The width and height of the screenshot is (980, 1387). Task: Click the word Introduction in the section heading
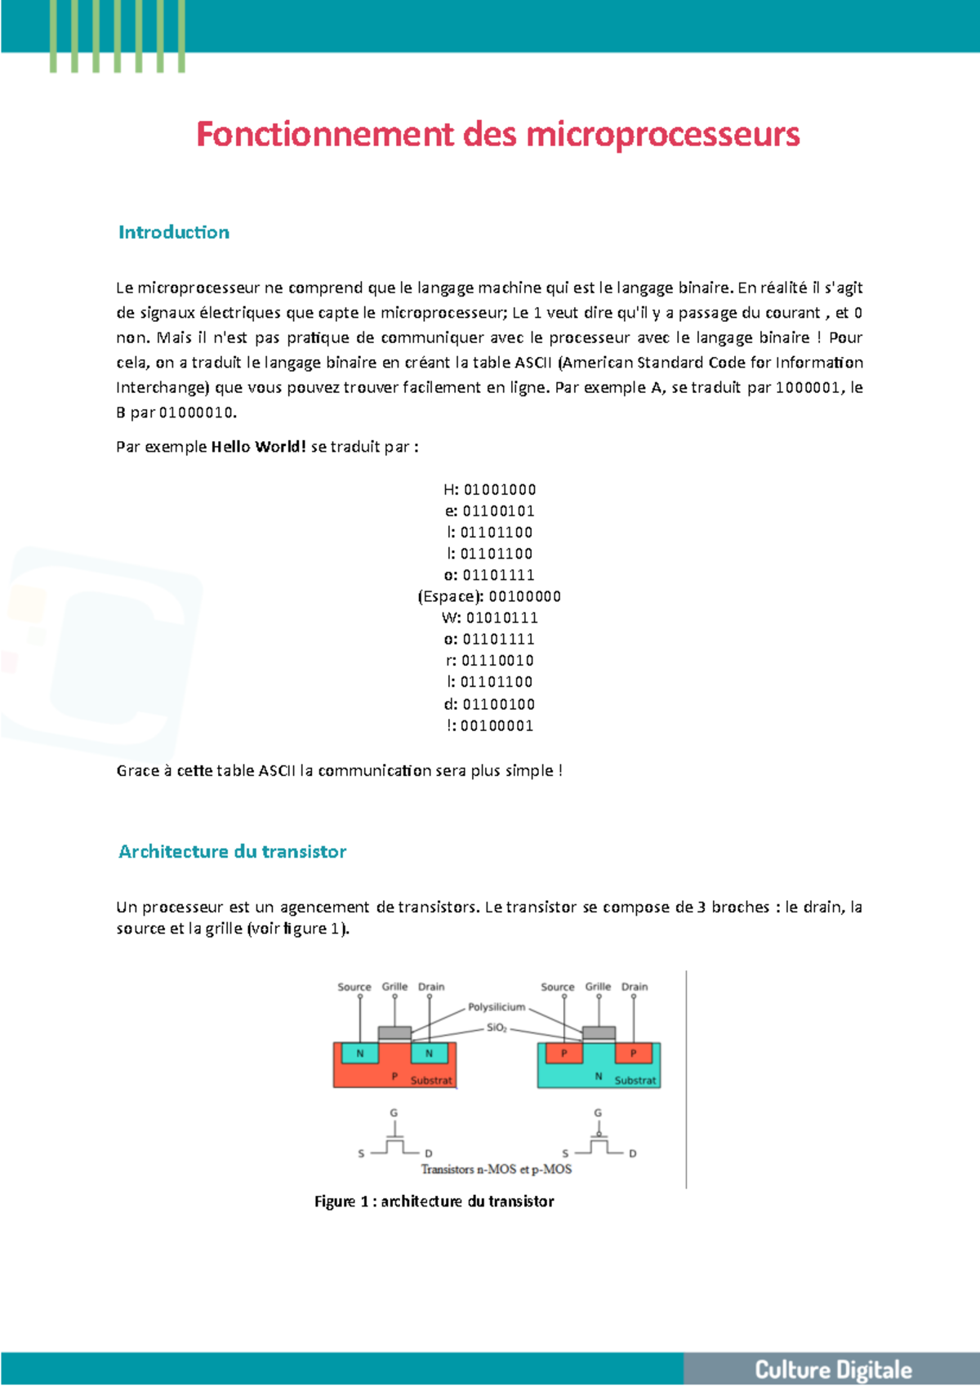point(174,233)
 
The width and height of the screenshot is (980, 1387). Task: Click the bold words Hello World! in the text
point(258,447)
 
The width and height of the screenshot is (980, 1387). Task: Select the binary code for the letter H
point(500,490)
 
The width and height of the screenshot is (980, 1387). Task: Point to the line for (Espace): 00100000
point(489,597)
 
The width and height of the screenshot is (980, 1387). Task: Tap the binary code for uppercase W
point(501,618)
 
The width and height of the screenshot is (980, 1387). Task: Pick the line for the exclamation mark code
point(490,726)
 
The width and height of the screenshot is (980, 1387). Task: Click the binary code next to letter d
point(498,704)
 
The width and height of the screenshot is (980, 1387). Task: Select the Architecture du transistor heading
point(233,852)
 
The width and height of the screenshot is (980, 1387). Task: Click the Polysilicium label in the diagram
point(497,1007)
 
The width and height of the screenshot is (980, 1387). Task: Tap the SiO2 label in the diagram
point(497,1028)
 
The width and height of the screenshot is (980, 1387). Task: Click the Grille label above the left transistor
point(394,987)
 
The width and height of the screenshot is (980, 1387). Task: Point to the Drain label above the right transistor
point(635,987)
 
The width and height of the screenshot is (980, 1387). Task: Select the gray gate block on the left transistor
point(394,1033)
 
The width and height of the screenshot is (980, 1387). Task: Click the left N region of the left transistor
point(359,1054)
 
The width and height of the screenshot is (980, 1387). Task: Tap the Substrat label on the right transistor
point(635,1081)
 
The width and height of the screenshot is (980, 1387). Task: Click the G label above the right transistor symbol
point(598,1113)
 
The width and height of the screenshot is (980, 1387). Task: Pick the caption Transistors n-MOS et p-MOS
point(497,1170)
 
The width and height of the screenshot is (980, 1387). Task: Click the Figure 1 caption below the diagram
point(434,1202)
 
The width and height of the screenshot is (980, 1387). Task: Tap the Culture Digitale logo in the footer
point(832,1370)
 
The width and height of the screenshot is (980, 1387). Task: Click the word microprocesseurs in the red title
point(662,135)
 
